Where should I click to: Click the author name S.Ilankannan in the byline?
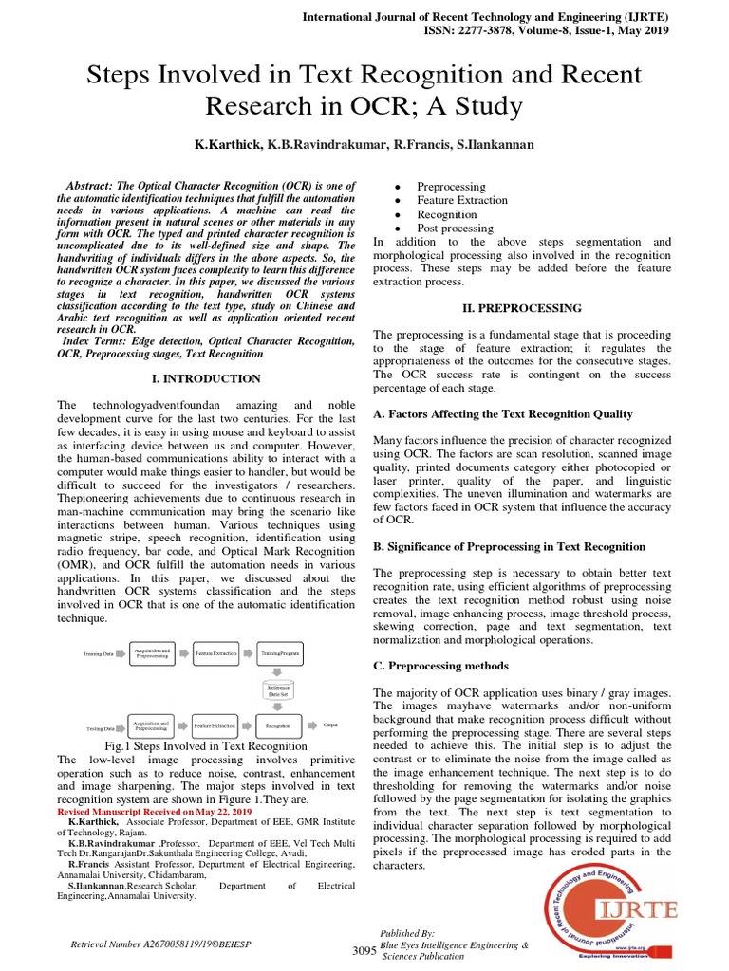tap(495, 146)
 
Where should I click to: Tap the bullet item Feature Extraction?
tap(462, 200)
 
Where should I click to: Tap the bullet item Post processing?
tap(456, 228)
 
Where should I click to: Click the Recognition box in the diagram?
tap(277, 726)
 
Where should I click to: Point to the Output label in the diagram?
tap(330, 724)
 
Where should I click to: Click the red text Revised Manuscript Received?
tap(155, 813)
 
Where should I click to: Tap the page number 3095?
tap(364, 950)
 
